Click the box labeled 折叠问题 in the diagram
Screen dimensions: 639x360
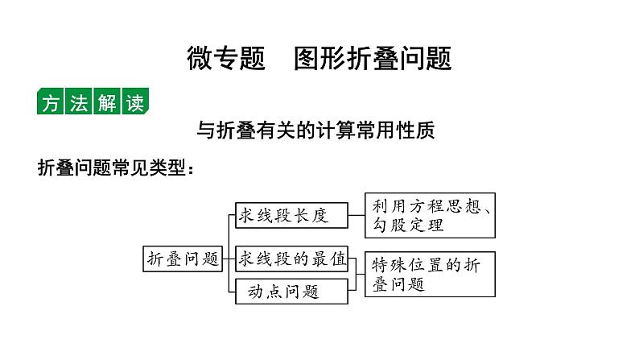[x=182, y=259]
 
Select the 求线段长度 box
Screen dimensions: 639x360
[x=291, y=214]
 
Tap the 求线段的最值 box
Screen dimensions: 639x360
[x=291, y=259]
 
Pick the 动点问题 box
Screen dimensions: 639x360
[x=291, y=291]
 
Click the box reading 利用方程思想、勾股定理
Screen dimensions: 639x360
[x=430, y=215]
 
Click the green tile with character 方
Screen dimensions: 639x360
[x=52, y=104]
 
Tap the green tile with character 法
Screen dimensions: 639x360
[x=79, y=104]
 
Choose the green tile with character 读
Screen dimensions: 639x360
[x=134, y=104]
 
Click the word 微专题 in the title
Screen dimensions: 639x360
[x=226, y=58]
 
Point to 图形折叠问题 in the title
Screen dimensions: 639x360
[x=373, y=58]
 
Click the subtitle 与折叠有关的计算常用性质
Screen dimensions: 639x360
[x=316, y=130]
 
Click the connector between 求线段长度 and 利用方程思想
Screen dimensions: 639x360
[x=357, y=214]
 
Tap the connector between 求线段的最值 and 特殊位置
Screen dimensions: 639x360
[x=357, y=259]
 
